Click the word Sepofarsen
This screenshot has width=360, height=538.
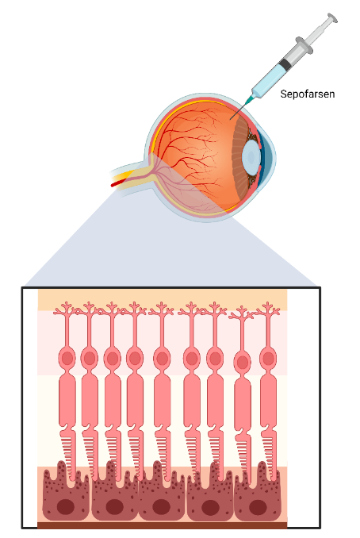pos(307,94)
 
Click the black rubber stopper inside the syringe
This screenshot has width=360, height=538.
pos(285,63)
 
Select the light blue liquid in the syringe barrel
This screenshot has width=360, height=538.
pos(269,81)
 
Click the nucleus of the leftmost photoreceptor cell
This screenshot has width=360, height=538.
pos(67,359)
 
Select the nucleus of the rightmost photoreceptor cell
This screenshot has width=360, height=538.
pos(268,359)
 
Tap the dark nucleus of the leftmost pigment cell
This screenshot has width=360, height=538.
pos(66,507)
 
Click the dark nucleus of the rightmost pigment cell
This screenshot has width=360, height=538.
pos(258,507)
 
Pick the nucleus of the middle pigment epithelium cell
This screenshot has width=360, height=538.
pos(162,507)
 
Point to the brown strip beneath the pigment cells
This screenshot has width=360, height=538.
pos(163,525)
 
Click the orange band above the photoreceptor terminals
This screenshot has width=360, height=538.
pos(163,299)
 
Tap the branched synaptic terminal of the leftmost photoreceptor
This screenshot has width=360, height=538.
pos(67,309)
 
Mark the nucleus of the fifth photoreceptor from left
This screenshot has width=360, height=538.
pos(163,359)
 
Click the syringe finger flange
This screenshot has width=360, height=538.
pos(304,46)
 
